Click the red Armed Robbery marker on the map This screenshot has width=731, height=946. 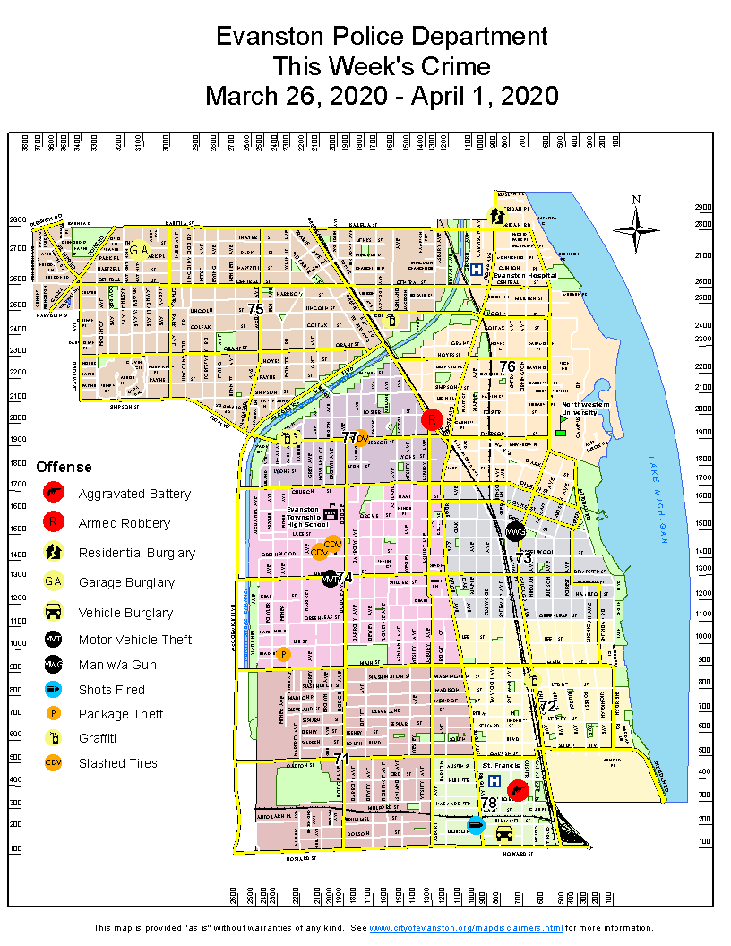[x=432, y=419]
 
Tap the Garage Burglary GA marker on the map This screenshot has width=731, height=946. [x=137, y=251]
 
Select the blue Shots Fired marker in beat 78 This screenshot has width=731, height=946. [x=477, y=826]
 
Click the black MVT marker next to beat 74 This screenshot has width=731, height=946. [x=330, y=579]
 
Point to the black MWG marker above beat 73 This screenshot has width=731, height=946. [x=515, y=531]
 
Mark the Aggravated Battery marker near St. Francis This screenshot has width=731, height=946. [x=517, y=790]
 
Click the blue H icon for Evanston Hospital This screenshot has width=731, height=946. [x=477, y=269]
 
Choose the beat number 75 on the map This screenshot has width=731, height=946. [x=255, y=309]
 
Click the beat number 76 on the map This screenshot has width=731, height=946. [x=507, y=366]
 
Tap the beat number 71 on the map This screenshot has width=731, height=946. [x=340, y=759]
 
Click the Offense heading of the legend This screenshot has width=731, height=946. [x=64, y=467]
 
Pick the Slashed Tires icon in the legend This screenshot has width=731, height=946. [x=54, y=763]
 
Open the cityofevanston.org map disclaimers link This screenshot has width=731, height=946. [x=466, y=927]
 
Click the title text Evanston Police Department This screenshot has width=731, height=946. [x=382, y=37]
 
